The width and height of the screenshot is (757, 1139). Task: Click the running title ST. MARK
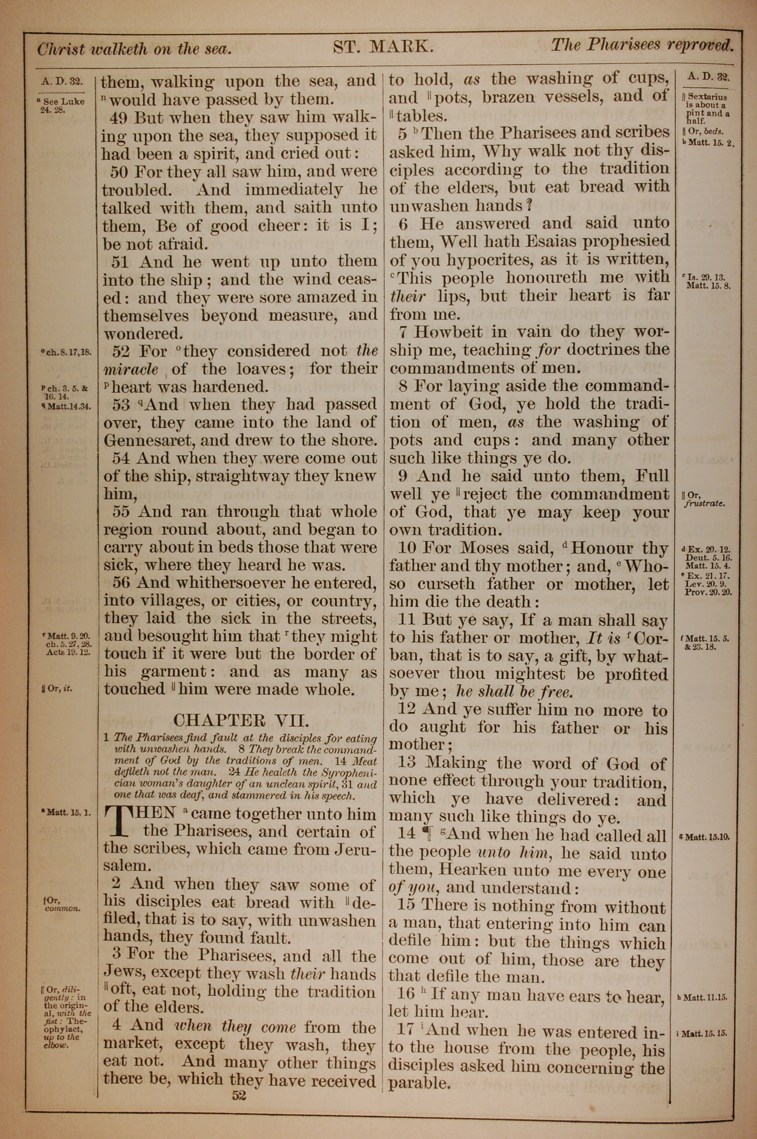coord(383,47)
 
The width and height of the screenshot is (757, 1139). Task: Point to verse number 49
coord(120,118)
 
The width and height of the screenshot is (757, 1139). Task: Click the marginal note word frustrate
coord(706,503)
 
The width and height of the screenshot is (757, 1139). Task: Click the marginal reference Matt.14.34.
coord(69,406)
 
